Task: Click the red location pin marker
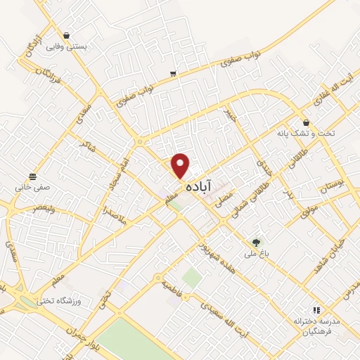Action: (x=181, y=165)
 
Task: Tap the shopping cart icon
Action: (x=173, y=73)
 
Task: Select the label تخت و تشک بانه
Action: (x=305, y=133)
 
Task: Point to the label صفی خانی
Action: (x=32, y=188)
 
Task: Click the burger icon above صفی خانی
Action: (x=32, y=176)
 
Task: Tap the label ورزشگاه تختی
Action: (x=79, y=301)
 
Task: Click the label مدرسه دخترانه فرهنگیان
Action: (x=316, y=326)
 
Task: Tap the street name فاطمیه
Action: (x=174, y=287)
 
